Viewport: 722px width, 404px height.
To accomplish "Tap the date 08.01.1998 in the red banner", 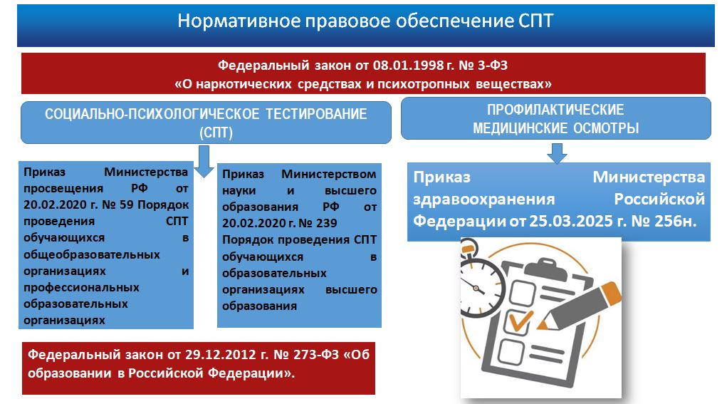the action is tap(409, 65).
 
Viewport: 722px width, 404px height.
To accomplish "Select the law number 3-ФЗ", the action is tap(493, 65).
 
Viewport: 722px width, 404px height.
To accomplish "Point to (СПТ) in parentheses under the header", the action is tap(216, 133).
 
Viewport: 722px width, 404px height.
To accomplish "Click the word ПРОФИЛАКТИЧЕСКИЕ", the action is tap(556, 110).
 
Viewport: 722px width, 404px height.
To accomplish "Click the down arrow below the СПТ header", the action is tap(204, 162).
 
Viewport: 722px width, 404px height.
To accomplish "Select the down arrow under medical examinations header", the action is tap(557, 153).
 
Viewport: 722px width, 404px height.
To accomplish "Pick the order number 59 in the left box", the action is tap(127, 204).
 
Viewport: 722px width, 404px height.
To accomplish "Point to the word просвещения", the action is tap(63, 188).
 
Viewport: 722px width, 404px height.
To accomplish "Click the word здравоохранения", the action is tap(484, 199).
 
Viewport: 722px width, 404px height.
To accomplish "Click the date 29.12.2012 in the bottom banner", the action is tap(220, 354).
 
